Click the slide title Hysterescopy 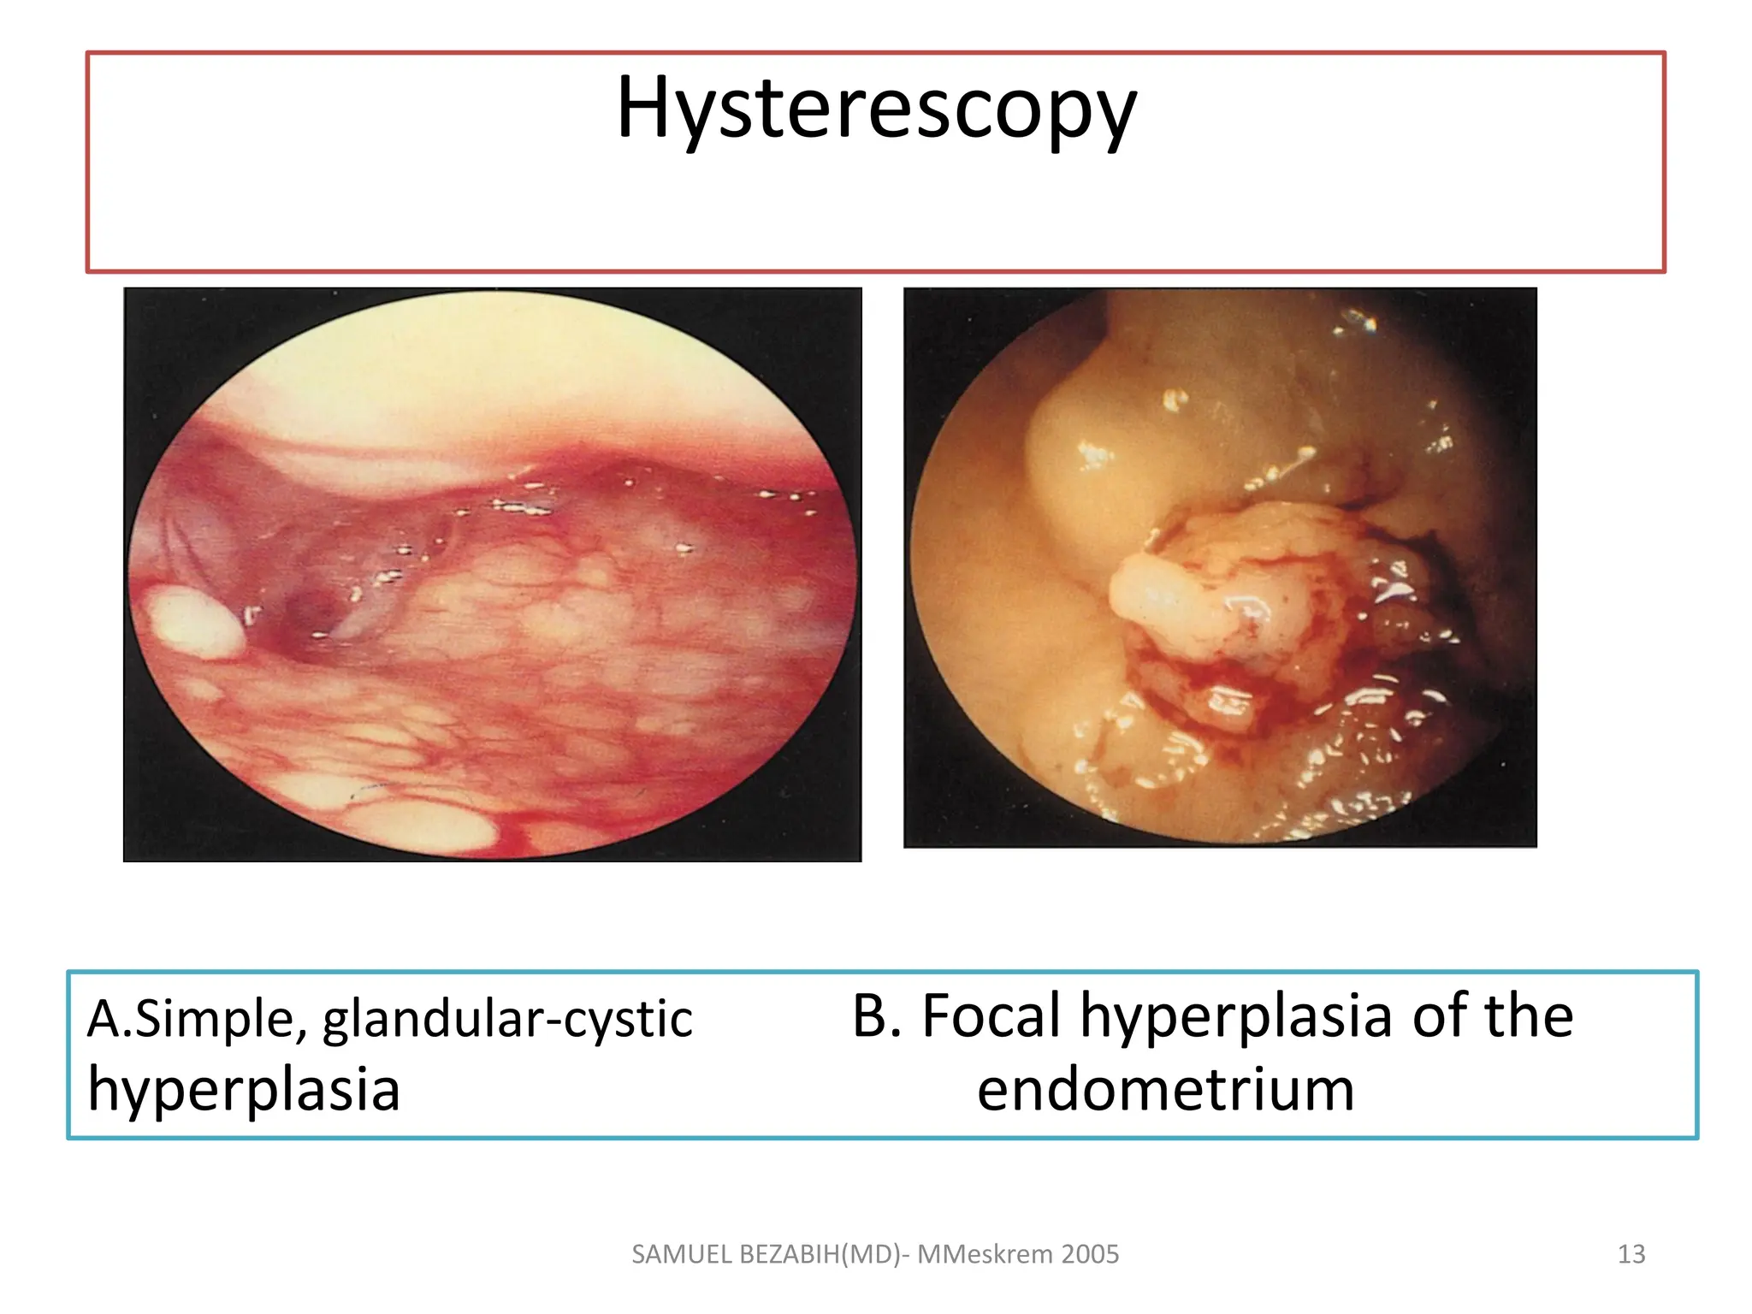coord(876,109)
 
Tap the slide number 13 coord(1631,1254)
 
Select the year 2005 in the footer coord(1090,1254)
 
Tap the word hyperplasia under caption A coord(244,1091)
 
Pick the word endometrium coord(1165,1090)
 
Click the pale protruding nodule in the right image coord(1151,590)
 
